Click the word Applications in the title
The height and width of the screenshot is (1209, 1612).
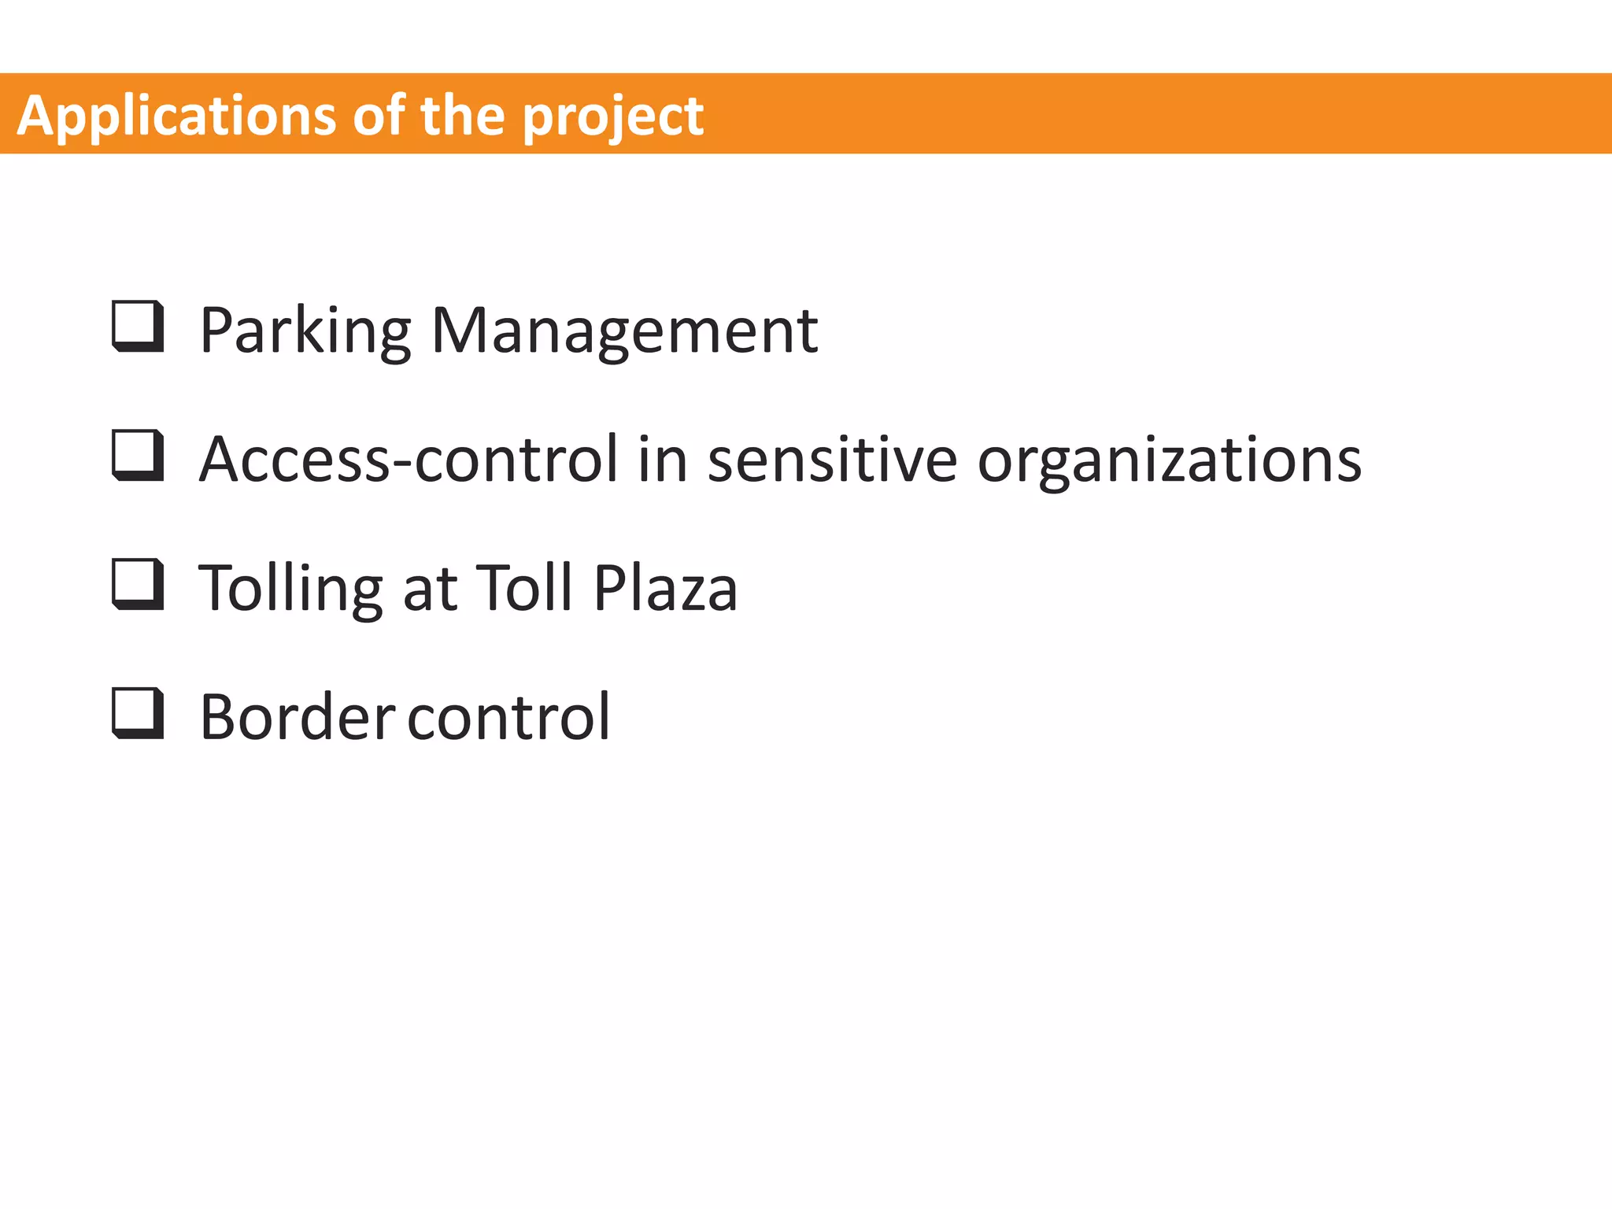(177, 116)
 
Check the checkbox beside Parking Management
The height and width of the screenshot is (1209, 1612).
(139, 326)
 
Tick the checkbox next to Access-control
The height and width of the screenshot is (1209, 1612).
(139, 455)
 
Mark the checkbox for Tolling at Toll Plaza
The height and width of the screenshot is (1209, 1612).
(139, 584)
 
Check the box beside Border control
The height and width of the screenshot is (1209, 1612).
(139, 713)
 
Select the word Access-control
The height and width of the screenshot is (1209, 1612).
(409, 460)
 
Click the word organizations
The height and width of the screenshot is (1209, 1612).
(1169, 460)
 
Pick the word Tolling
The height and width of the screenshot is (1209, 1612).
(290, 589)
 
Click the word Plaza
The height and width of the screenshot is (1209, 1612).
(665, 589)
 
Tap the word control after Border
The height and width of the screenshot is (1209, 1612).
(508, 718)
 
